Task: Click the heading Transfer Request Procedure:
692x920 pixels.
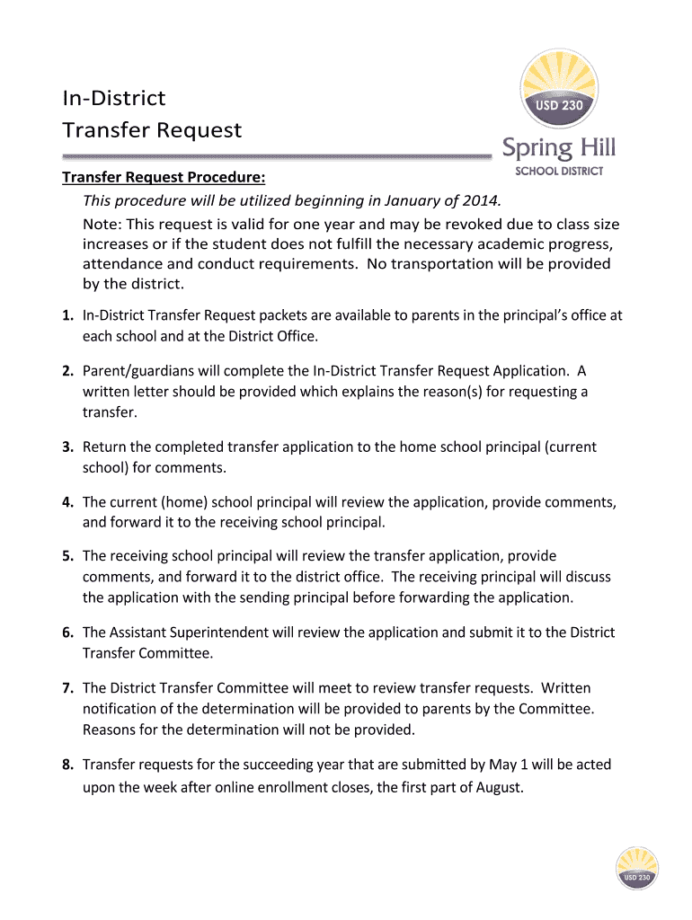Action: point(163,176)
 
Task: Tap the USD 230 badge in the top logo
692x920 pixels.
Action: point(559,105)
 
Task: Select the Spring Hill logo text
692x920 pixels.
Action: point(558,147)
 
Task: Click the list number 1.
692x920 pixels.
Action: point(67,315)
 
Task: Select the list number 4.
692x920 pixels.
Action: point(67,501)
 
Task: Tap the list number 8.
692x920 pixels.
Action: point(67,765)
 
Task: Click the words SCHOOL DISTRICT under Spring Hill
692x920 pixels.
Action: point(558,171)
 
